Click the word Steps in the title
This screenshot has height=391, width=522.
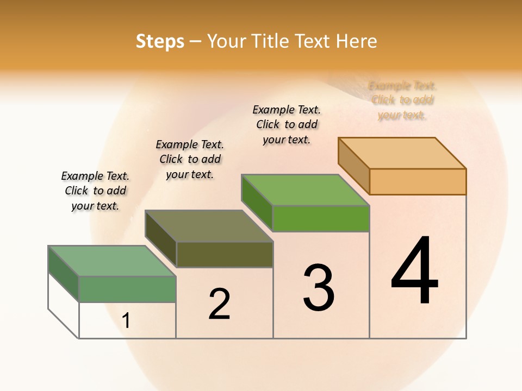pyautogui.click(x=160, y=41)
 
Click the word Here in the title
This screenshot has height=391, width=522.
pyautogui.click(x=356, y=41)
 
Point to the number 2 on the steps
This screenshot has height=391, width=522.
pyautogui.click(x=220, y=304)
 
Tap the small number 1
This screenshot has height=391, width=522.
pyautogui.click(x=126, y=320)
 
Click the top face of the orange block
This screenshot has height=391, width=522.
pyautogui.click(x=402, y=153)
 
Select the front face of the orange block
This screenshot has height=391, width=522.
pyautogui.click(x=418, y=181)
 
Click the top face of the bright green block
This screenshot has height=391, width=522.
pyautogui.click(x=306, y=190)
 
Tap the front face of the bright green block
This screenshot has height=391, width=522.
pyautogui.click(x=321, y=218)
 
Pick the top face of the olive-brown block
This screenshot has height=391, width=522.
pyautogui.click(x=209, y=226)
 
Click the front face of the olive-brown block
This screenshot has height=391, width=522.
pyautogui.click(x=225, y=254)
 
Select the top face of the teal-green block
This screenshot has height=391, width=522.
pyautogui.click(x=112, y=261)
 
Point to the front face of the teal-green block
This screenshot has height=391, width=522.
pyautogui.click(x=127, y=289)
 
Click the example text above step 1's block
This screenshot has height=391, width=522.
pyautogui.click(x=95, y=191)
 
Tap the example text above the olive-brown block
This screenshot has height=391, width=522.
pyautogui.click(x=190, y=159)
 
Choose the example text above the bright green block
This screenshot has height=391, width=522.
pyautogui.click(x=287, y=124)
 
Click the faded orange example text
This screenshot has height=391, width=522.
pyautogui.click(x=402, y=100)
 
